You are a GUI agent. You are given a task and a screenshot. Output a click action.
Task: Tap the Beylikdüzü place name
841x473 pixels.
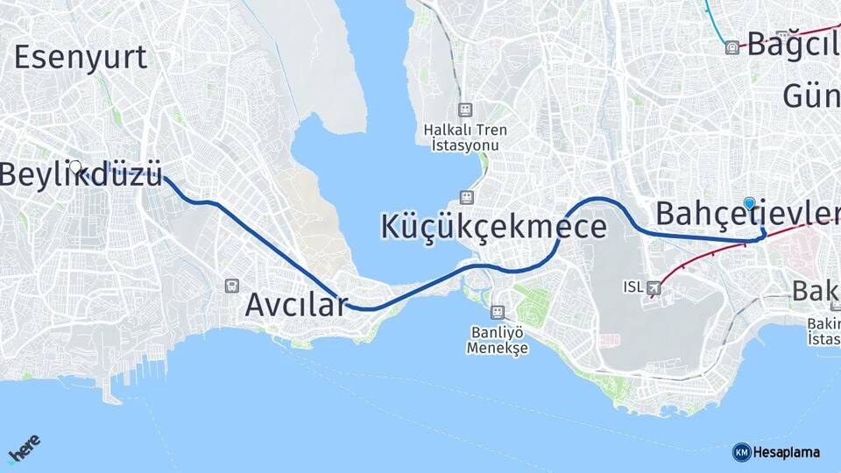pos(81,174)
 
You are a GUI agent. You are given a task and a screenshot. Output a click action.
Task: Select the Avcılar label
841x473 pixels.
pos(296,305)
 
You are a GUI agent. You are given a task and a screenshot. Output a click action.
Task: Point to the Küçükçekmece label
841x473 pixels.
pos(493,226)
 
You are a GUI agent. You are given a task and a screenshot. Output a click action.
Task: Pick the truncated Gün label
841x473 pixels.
pos(810,95)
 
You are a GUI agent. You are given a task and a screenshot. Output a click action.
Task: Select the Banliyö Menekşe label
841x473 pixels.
pos(497,339)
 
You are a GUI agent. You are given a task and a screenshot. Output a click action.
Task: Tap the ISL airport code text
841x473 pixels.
pos(633,286)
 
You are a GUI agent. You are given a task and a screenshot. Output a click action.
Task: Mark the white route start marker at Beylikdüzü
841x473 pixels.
pos(75,166)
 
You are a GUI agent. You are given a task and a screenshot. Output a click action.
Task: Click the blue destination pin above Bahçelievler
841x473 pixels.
pos(750,203)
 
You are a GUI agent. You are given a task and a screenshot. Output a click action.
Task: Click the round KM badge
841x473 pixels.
pos(741,452)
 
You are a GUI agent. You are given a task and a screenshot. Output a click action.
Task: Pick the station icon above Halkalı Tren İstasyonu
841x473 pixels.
pos(464,109)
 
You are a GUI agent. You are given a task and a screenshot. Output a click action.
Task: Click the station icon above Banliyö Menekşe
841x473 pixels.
pos(497,312)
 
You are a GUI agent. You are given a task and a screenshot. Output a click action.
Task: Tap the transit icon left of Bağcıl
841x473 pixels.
pos(732,47)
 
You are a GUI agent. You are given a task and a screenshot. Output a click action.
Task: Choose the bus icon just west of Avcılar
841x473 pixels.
pos(231,285)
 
